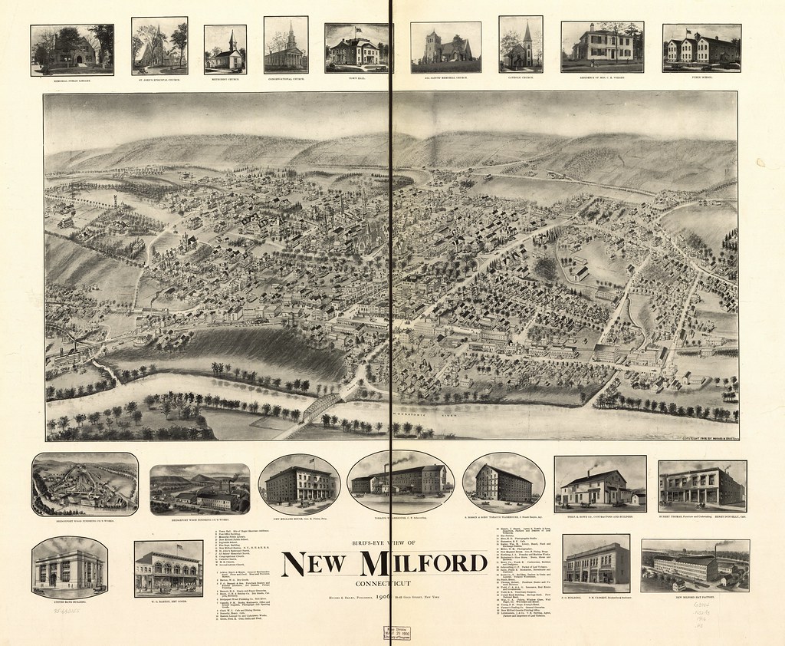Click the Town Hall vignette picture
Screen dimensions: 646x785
click(358, 48)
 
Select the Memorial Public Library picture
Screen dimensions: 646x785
click(72, 50)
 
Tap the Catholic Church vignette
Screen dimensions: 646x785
click(521, 44)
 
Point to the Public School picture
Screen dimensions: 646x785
click(701, 48)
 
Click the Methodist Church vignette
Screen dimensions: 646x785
click(225, 49)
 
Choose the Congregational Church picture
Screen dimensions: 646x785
click(286, 45)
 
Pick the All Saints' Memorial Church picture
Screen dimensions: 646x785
click(445, 47)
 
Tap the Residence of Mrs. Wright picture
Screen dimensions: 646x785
click(602, 47)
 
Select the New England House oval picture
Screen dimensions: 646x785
click(299, 483)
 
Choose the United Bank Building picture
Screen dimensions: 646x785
click(69, 568)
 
